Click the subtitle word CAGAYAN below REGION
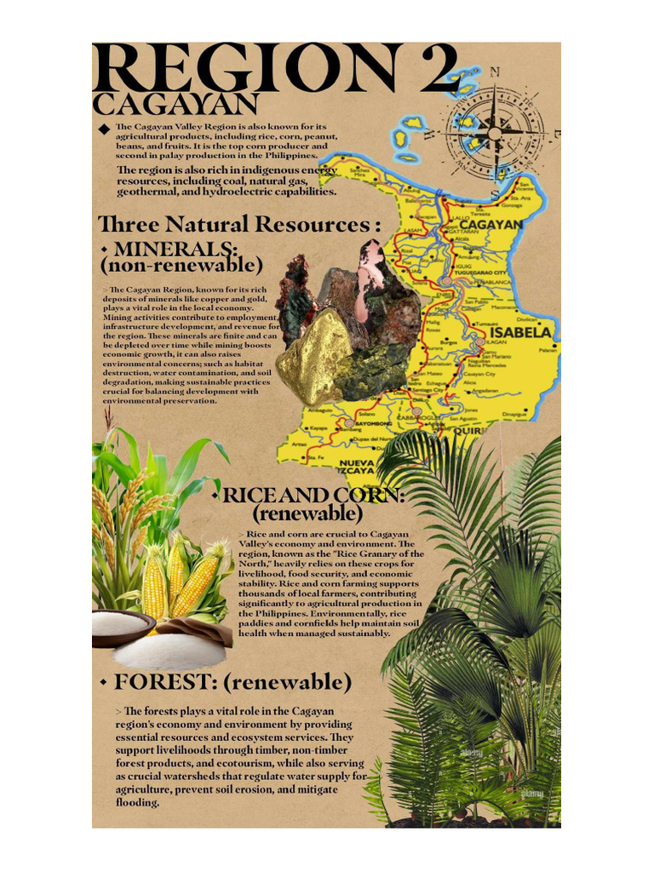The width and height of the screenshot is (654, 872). [175, 105]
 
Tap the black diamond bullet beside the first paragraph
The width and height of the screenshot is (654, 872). [104, 129]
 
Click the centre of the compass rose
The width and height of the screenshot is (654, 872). [493, 134]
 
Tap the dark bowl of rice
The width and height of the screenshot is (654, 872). [122, 626]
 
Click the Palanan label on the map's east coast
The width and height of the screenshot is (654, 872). [547, 350]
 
